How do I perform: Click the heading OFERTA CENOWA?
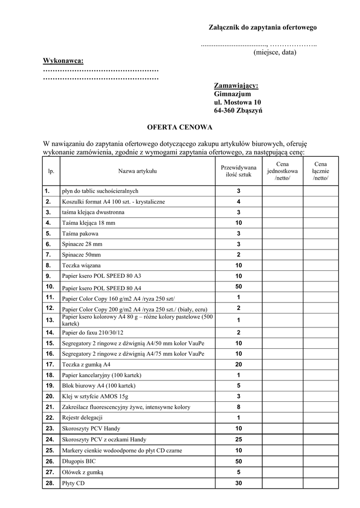180,127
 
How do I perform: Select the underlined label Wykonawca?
63,61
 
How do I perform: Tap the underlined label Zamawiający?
236,86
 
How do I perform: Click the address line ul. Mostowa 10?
237,102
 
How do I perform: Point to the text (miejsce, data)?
275,52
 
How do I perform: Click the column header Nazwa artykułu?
137,171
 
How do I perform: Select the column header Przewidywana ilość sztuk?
238,171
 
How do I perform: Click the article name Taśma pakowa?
80,234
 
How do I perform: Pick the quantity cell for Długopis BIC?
238,461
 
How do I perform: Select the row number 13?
50,320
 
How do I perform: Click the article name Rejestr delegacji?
82,418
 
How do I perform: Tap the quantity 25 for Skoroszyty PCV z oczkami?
238,440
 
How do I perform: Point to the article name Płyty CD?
73,483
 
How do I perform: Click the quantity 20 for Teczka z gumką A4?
238,364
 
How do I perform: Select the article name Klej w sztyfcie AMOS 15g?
95,396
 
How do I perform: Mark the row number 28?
50,483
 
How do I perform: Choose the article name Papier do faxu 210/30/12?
93,332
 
